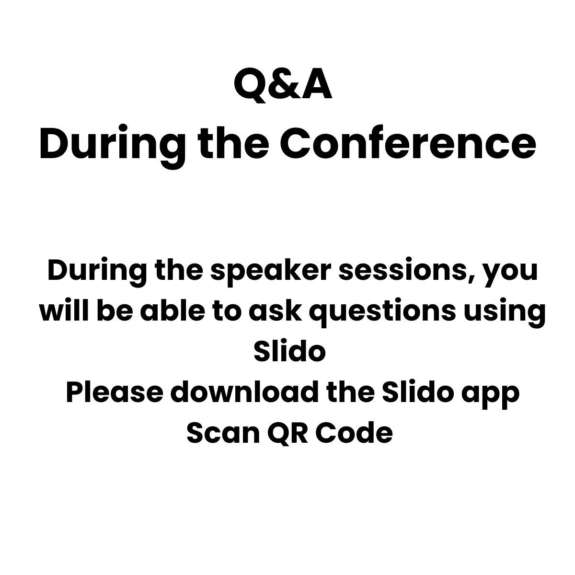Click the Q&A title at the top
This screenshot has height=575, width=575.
(x=283, y=85)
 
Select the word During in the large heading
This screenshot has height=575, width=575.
(x=113, y=146)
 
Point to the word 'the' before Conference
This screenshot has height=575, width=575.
(x=233, y=143)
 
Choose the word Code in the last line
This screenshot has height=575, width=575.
(x=354, y=432)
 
